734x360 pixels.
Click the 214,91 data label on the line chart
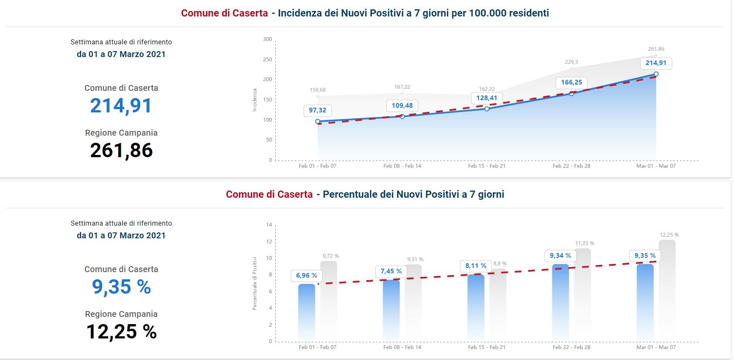point(656,63)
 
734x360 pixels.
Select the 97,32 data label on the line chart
point(318,110)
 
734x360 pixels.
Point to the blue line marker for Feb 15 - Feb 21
point(487,109)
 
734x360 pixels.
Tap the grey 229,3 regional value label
point(571,62)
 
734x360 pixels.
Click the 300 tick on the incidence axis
point(268,39)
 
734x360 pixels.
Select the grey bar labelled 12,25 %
point(667,292)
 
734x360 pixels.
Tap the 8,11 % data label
point(476,266)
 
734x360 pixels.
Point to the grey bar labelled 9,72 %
point(329,300)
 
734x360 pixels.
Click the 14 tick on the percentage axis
point(269,225)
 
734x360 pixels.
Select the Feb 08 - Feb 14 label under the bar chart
point(402,347)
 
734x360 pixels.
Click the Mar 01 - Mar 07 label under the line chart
point(656,166)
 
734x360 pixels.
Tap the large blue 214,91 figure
point(121,106)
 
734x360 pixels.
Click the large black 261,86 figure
point(121,150)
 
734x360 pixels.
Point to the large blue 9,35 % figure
point(121,287)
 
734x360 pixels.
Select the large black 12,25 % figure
point(121,332)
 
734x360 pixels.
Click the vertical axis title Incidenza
point(255,100)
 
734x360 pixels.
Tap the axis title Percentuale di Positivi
point(255,283)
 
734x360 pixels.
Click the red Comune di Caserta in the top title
point(224,13)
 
